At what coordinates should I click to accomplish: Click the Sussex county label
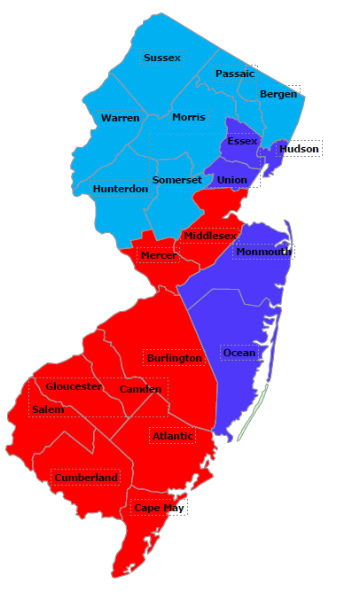click(161, 58)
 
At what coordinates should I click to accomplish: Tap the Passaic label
click(234, 74)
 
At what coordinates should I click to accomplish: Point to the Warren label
click(120, 118)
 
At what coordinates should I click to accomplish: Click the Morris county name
click(188, 117)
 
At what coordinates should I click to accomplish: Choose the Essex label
click(242, 141)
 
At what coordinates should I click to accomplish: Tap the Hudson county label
click(298, 149)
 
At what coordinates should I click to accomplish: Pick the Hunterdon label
click(120, 189)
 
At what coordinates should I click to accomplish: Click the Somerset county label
click(176, 180)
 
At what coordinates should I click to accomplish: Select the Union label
click(231, 180)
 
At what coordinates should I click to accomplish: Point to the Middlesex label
click(210, 236)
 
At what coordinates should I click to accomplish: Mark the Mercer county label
click(158, 256)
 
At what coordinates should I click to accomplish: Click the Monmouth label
click(262, 252)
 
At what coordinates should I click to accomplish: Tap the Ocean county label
click(239, 353)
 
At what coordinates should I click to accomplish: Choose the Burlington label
click(174, 358)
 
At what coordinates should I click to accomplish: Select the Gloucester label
click(74, 386)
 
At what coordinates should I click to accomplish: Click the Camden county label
click(140, 389)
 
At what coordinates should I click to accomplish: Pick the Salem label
click(47, 409)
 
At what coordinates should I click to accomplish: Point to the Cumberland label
click(85, 478)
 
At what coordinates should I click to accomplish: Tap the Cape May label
click(159, 509)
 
